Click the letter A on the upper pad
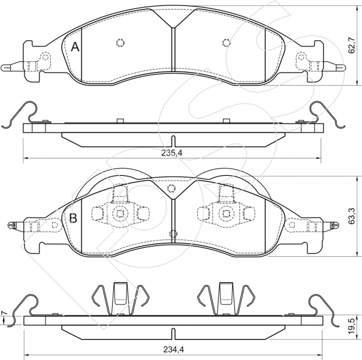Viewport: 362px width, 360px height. (75, 47)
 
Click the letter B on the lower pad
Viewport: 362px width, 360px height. (73, 218)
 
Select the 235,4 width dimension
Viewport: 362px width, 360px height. (172, 153)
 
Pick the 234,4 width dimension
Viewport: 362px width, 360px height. (173, 350)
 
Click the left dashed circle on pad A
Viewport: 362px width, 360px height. (120, 42)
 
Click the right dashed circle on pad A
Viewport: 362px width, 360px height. (227, 42)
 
